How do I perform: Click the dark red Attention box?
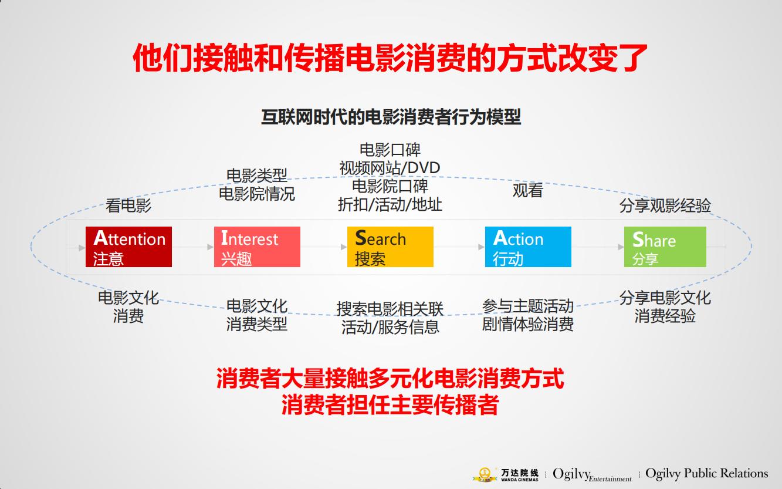click(x=128, y=247)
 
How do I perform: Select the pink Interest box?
click(x=257, y=247)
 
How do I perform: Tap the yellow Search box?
click(x=390, y=247)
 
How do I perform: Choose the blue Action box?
click(x=528, y=247)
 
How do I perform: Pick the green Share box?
click(x=665, y=247)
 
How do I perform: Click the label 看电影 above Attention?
click(x=128, y=205)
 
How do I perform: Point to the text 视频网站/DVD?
click(x=390, y=168)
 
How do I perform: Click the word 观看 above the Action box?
click(x=528, y=191)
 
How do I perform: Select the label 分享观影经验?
click(x=665, y=205)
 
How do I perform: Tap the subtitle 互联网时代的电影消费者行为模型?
click(x=391, y=117)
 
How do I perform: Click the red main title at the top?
click(x=391, y=58)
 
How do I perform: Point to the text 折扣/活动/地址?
click(x=390, y=204)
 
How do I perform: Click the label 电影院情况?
click(x=257, y=194)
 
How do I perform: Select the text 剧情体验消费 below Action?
click(x=528, y=324)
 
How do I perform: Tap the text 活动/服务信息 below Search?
click(x=390, y=327)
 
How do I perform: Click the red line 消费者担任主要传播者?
click(x=390, y=406)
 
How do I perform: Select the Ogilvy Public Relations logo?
click(x=706, y=473)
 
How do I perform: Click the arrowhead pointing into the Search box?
click(x=344, y=247)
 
